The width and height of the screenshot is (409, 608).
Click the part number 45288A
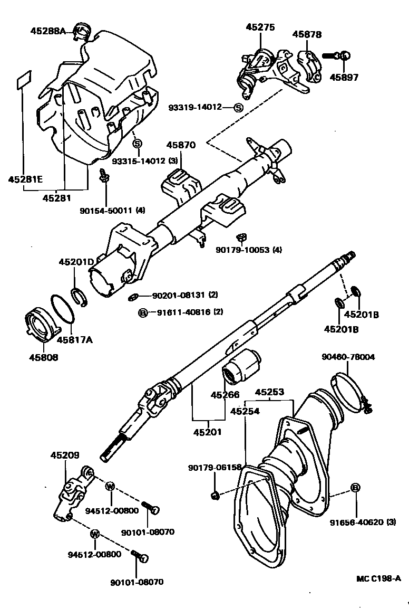[x=47, y=31]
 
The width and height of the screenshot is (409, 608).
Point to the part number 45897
[x=344, y=77]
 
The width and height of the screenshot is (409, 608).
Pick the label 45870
[x=181, y=145]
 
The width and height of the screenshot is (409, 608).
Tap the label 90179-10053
[x=248, y=250]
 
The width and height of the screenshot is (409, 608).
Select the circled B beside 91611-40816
[x=142, y=312]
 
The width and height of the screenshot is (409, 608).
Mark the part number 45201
[x=207, y=432]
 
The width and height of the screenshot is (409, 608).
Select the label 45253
[x=269, y=392]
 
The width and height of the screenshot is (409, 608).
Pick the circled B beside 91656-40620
[x=355, y=488]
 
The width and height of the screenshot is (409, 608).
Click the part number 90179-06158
[x=215, y=468]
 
